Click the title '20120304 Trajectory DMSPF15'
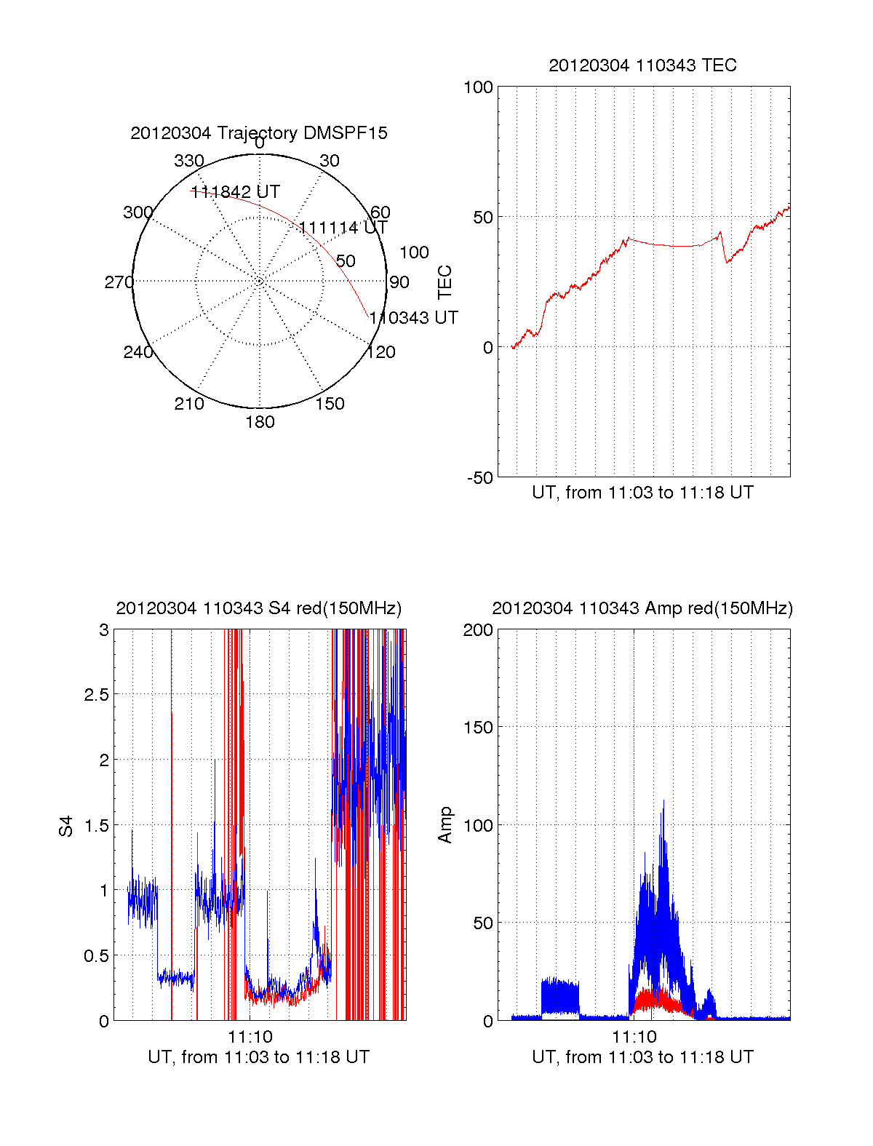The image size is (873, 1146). click(259, 133)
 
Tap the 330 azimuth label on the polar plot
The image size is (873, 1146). click(189, 161)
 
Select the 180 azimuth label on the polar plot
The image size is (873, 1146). click(260, 422)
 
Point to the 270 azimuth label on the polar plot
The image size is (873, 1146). click(119, 282)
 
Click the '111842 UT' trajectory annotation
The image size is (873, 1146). click(235, 192)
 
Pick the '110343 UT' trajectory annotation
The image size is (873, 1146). click(413, 318)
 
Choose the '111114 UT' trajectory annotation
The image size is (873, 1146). click(343, 228)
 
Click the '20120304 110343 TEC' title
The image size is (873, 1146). click(642, 65)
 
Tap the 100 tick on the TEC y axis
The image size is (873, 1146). click(478, 87)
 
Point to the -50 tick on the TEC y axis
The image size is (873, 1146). click(479, 478)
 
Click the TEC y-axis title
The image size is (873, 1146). click(445, 282)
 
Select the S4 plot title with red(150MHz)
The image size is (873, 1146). click(259, 608)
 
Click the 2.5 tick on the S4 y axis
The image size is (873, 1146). click(96, 695)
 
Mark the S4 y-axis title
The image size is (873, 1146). click(66, 826)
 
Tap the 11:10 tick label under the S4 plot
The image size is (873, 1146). click(250, 1036)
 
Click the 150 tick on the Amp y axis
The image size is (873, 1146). click(478, 727)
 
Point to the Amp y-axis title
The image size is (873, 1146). click(445, 825)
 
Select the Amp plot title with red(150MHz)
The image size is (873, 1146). click(642, 608)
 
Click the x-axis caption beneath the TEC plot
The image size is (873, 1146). click(642, 493)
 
